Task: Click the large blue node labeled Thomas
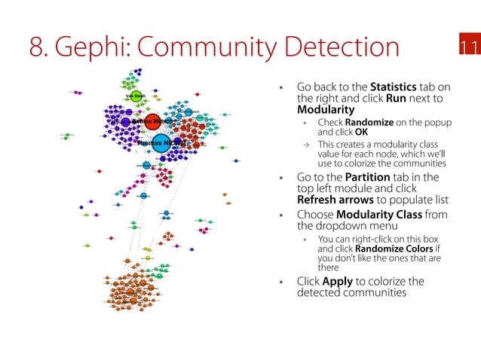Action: coord(161,142)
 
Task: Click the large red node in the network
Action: coord(152,121)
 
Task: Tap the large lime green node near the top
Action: coord(136,96)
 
